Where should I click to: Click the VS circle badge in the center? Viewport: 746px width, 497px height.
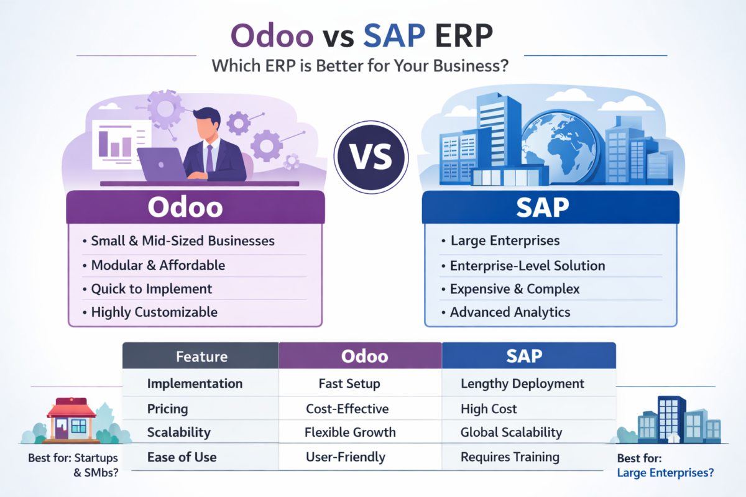click(x=371, y=157)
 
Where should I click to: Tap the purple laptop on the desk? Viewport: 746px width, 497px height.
click(x=162, y=164)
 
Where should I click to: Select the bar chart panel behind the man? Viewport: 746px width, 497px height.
click(x=122, y=145)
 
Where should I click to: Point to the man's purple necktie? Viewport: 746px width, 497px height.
click(x=210, y=158)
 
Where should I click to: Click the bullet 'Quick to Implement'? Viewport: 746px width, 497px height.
click(x=151, y=289)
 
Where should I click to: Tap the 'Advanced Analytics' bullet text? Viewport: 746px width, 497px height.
click(x=510, y=312)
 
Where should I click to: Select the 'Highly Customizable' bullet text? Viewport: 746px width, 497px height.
click(x=154, y=312)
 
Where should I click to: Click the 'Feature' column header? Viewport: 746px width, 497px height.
click(x=201, y=355)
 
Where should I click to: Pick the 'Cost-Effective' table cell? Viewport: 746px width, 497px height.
click(x=347, y=409)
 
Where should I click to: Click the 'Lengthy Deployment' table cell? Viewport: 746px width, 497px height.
click(x=522, y=383)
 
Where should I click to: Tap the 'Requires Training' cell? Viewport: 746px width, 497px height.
click(x=510, y=457)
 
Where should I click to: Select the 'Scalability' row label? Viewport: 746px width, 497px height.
click(x=179, y=432)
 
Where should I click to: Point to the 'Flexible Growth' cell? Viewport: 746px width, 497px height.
click(x=350, y=432)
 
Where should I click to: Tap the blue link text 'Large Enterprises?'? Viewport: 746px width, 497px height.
click(x=665, y=473)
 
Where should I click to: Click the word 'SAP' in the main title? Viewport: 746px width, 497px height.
click(x=394, y=35)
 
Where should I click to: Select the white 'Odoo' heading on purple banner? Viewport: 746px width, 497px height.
click(x=185, y=207)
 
